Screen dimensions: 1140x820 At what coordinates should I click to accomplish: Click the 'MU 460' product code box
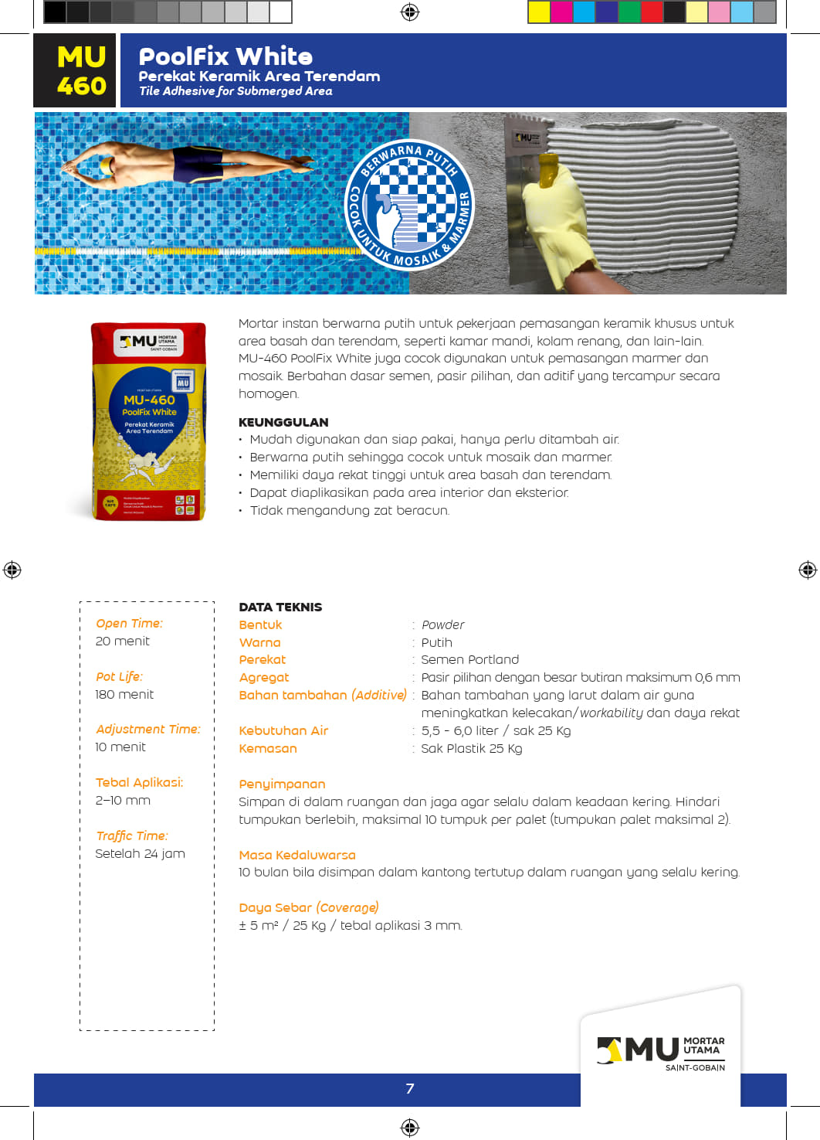[x=76, y=70]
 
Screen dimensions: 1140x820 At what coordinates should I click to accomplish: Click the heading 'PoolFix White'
[x=225, y=56]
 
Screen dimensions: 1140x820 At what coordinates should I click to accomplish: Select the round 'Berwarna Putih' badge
[x=409, y=205]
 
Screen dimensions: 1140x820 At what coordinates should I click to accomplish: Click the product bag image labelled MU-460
[x=149, y=421]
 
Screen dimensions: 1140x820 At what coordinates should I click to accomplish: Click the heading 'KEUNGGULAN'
[x=283, y=422]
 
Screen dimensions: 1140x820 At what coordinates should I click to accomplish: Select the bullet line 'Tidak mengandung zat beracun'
[x=349, y=511]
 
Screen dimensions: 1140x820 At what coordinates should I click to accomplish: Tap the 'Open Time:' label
[x=129, y=624]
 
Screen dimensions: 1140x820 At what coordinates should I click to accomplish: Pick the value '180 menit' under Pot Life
[x=124, y=695]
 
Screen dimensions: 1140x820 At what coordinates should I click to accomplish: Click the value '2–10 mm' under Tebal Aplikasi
[x=123, y=801]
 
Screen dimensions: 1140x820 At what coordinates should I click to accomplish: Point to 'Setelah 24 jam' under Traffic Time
[x=140, y=854]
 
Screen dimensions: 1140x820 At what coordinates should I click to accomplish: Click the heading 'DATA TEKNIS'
[x=280, y=607]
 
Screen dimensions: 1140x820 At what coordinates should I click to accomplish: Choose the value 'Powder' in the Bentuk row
[x=442, y=625]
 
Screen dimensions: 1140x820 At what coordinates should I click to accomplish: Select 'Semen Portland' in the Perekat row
[x=469, y=660]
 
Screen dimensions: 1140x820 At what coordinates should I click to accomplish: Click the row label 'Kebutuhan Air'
[x=283, y=731]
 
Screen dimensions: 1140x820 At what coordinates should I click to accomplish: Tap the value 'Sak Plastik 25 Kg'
[x=471, y=749]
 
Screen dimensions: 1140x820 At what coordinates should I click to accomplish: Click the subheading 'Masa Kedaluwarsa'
[x=297, y=856]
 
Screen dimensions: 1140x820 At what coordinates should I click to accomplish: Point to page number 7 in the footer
[x=410, y=1089]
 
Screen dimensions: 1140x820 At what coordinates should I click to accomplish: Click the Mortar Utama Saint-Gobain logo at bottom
[x=661, y=1052]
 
